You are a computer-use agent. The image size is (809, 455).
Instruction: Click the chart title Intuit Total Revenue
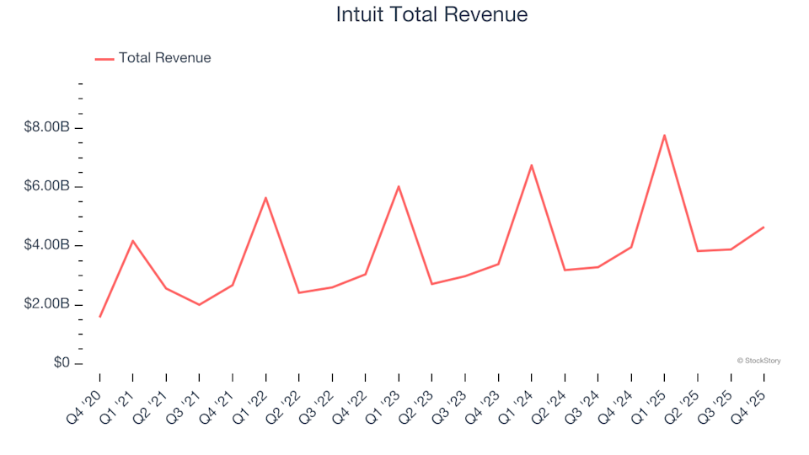coord(431,15)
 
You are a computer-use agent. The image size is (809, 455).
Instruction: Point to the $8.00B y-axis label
coord(47,128)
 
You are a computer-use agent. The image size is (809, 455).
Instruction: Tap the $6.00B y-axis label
coord(47,187)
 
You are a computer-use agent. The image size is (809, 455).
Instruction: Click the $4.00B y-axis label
coord(47,246)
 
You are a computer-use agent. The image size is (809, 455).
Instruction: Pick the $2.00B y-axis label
coord(47,304)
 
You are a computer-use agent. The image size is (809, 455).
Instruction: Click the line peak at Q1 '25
coord(664,135)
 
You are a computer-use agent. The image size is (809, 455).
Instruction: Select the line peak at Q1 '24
coord(531,165)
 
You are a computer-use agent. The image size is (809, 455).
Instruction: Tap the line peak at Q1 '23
coord(398,186)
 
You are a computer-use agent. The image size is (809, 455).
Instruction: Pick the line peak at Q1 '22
coord(265,198)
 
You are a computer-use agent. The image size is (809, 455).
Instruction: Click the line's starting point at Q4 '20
coord(99,317)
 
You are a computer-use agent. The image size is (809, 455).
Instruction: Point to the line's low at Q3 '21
coord(199,304)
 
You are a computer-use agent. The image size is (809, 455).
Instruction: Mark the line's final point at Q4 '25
coord(763,227)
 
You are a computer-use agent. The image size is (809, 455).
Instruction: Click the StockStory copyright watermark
coord(758,361)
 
